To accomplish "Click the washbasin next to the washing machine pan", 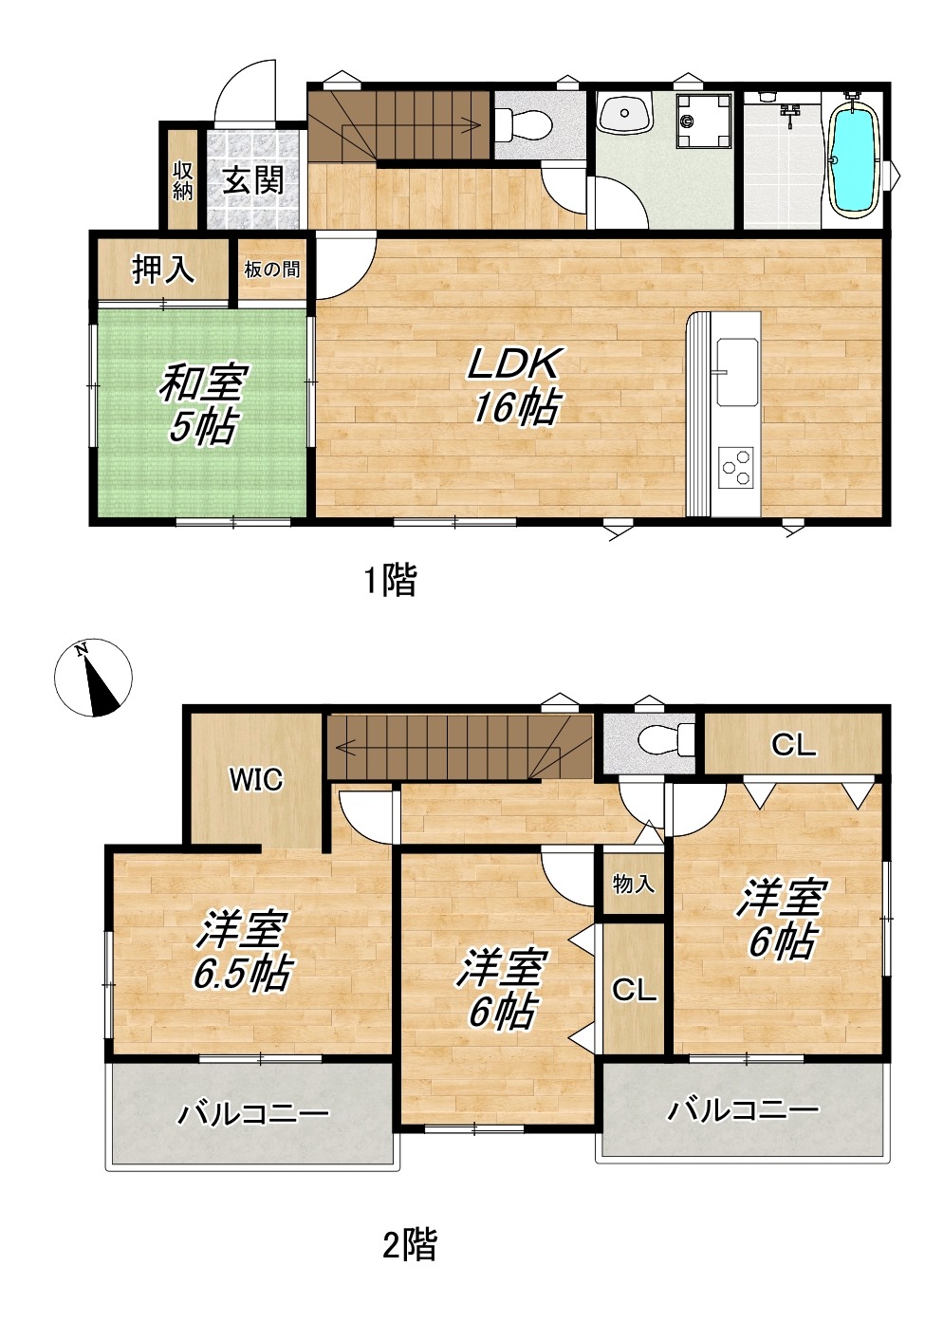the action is pos(625,113).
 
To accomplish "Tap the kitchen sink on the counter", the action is pos(736,372).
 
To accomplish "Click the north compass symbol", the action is pos(93,678).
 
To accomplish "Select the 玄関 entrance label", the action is pos(253,179).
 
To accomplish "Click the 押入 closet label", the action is pos(163,270).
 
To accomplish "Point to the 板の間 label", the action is pos(272,270).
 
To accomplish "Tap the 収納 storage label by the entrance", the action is pos(183,182).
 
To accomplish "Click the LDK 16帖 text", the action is pos(513,386).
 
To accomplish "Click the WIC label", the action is pos(256,781).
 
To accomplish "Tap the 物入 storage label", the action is pos(633,884).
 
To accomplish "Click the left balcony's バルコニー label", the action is pos(253,1113).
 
